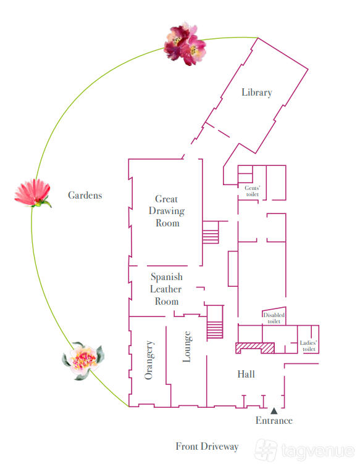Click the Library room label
pyautogui.click(x=257, y=93)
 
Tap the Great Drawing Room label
pyautogui.click(x=167, y=211)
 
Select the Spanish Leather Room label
pyautogui.click(x=166, y=289)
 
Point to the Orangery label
pyautogui.click(x=149, y=360)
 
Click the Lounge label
pyautogui.click(x=187, y=346)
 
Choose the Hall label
pyautogui.click(x=246, y=374)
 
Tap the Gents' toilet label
pyautogui.click(x=252, y=191)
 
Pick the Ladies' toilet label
pyautogui.click(x=309, y=346)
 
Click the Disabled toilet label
pyautogui.click(x=274, y=318)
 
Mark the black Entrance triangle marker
pyautogui.click(x=274, y=411)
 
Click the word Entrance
pyautogui.click(x=274, y=421)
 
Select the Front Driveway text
pyautogui.click(x=207, y=447)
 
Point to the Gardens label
pyautogui.click(x=85, y=196)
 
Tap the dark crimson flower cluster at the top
pyautogui.click(x=185, y=44)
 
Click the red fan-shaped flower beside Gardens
pyautogui.click(x=33, y=193)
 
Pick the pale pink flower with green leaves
pyautogui.click(x=83, y=361)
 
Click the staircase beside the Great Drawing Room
pyautogui.click(x=211, y=233)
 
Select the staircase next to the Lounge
pyautogui.click(x=215, y=322)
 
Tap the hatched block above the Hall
pyautogui.click(x=255, y=348)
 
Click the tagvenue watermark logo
pyautogui.click(x=304, y=450)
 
